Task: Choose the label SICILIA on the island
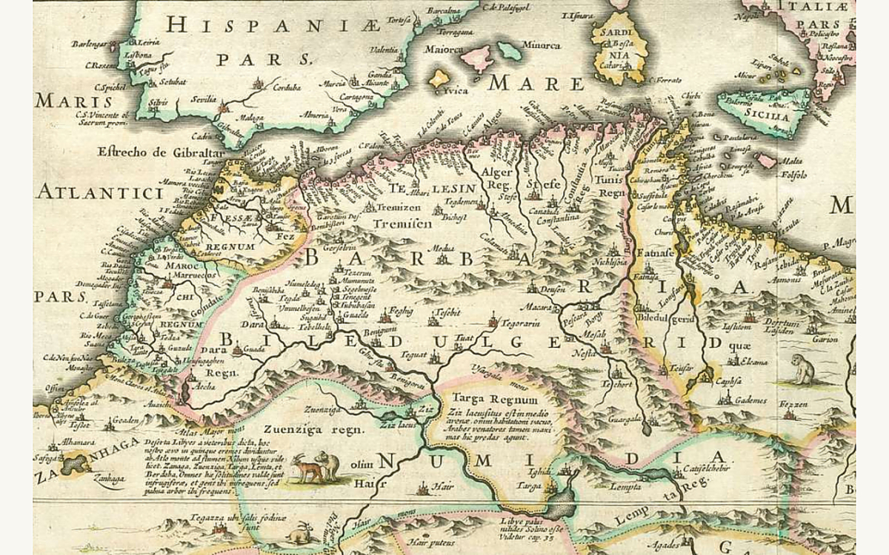click(x=762, y=116)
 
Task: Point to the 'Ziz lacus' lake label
click(x=396, y=426)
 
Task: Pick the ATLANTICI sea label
click(x=99, y=194)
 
